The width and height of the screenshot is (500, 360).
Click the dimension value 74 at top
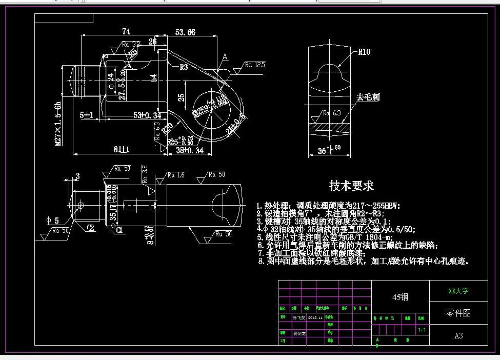pos(126,31)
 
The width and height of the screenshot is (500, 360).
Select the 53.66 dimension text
pos(185,32)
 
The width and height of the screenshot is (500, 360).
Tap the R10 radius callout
pos(364,52)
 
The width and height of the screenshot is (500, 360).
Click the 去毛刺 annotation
pos(368,96)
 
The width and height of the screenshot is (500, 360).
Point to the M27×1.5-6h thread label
pos(58,124)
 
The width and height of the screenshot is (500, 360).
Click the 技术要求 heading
pos(351,186)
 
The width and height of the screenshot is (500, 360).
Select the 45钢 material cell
pos(400,297)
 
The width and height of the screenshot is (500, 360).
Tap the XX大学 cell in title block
pos(458,291)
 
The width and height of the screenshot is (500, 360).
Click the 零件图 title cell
pos(458,313)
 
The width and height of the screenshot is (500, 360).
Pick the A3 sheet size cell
pos(458,336)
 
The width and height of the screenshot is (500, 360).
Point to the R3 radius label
pos(184,67)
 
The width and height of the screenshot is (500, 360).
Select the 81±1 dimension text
pos(121,149)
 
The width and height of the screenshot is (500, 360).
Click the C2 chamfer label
pos(90,227)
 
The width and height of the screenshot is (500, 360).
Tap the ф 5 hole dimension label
pos(53,220)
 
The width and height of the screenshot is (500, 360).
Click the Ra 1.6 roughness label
pos(177,175)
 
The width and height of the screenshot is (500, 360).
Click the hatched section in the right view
pos(328,126)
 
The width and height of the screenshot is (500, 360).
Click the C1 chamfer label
pos(118,230)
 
